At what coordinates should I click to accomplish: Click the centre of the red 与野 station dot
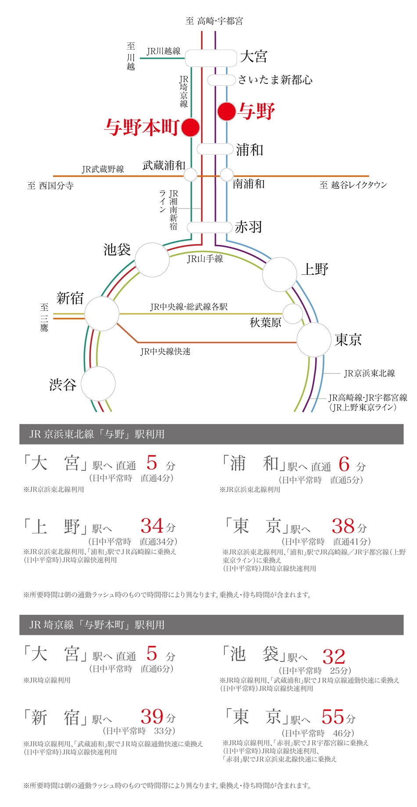click(x=226, y=111)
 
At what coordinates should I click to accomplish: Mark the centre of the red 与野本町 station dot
click(x=191, y=127)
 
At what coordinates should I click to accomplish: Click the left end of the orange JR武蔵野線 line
click(x=53, y=176)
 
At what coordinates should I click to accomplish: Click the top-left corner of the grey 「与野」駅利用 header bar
click(x=19, y=424)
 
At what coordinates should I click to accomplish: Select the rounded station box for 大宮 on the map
click(x=211, y=58)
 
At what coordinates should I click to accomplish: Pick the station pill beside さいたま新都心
click(x=221, y=80)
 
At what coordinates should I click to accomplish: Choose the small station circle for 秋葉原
click(x=292, y=314)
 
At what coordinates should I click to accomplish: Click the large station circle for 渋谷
click(x=98, y=384)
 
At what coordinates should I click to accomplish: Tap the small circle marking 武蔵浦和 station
click(x=191, y=175)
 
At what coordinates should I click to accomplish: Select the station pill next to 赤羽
click(x=209, y=227)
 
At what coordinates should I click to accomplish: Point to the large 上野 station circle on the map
click(x=280, y=275)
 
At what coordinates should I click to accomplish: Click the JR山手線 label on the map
click(x=205, y=259)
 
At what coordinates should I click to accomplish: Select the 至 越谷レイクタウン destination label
click(x=353, y=185)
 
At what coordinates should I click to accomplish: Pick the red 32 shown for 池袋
click(x=334, y=656)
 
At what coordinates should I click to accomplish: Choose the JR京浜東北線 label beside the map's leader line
click(x=370, y=373)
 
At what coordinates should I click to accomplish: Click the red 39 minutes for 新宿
click(x=152, y=716)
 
